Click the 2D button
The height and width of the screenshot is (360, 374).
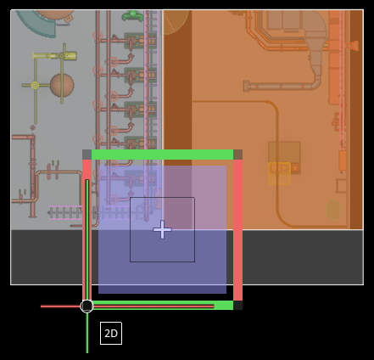coord(111,333)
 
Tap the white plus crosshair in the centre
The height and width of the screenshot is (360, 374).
coord(162,229)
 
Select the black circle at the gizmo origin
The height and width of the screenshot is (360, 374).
coord(87,306)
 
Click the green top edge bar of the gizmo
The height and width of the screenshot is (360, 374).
coord(162,155)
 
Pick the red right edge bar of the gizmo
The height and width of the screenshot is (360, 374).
coord(237,230)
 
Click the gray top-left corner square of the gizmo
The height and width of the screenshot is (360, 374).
coord(87,155)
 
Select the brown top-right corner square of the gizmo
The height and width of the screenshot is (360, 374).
coord(237,155)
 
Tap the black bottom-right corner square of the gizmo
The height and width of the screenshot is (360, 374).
coord(237,305)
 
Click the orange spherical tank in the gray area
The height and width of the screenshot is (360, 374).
coord(62,85)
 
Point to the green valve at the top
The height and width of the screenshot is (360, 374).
coord(132,16)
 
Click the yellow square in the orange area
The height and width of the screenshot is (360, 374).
coord(280,173)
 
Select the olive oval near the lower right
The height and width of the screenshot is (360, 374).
coord(333,210)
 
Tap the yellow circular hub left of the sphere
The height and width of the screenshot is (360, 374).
coord(35,85)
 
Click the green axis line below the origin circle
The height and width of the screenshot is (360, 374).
coord(87,333)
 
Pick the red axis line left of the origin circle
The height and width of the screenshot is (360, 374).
coord(61,307)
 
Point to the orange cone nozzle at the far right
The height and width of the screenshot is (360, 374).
coord(354,45)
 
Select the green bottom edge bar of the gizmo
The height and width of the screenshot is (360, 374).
coord(162,305)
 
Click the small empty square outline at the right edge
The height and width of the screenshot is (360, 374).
coord(342,186)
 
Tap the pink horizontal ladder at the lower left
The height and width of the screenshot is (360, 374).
coord(65,212)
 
